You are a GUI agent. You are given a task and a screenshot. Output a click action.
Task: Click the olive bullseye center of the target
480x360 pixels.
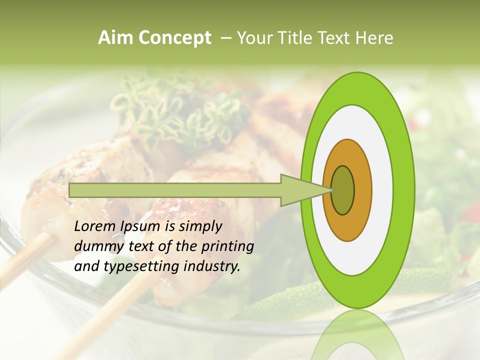[x=342, y=190]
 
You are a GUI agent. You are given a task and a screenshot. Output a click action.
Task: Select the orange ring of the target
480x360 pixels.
[x=362, y=190]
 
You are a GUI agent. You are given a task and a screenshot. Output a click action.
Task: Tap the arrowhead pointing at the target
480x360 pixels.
[x=300, y=190]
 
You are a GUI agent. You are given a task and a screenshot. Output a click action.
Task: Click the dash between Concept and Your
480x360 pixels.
[x=226, y=38]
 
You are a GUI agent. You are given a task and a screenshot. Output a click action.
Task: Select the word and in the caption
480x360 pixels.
[x=86, y=266]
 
